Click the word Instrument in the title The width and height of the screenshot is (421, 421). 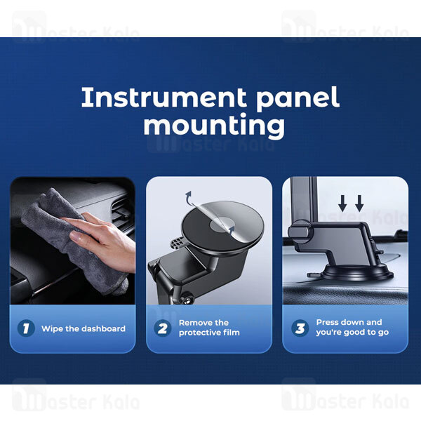click(x=163, y=97)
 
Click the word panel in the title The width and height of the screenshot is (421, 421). click(x=298, y=98)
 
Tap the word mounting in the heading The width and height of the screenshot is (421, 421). click(x=214, y=126)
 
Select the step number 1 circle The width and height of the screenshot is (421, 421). click(x=26, y=328)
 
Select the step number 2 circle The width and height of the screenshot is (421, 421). click(x=163, y=328)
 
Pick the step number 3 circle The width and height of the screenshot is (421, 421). click(x=300, y=328)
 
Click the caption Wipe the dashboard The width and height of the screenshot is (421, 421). click(x=83, y=328)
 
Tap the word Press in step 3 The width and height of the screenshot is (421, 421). click(x=326, y=322)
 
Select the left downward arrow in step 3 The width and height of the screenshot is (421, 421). click(x=342, y=203)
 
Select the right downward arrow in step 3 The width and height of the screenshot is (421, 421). click(x=359, y=203)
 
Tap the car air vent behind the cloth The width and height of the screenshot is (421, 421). click(x=121, y=212)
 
